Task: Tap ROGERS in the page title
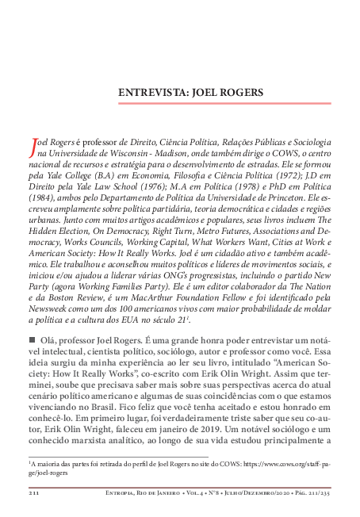click(243, 92)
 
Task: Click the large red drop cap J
click(33, 144)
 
